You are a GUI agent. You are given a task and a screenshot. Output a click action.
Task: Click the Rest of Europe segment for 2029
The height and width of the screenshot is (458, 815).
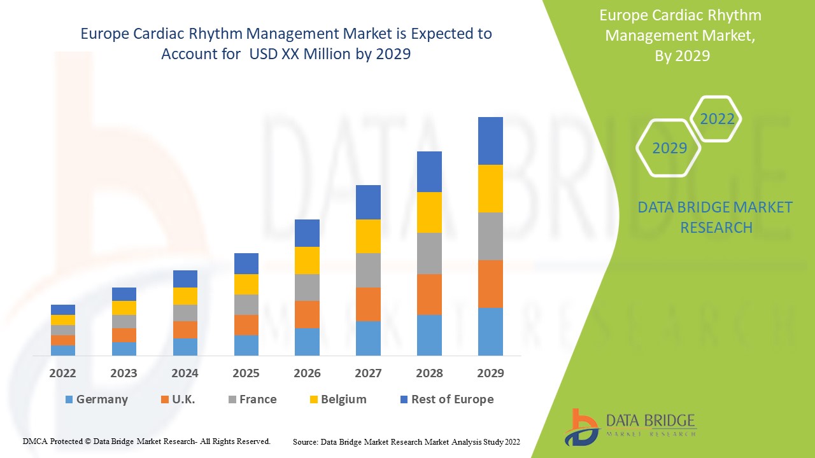490,141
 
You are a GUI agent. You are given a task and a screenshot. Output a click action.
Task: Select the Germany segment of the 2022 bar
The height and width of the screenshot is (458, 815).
63,350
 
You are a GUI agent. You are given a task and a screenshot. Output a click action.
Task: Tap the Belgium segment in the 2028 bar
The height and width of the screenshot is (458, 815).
429,212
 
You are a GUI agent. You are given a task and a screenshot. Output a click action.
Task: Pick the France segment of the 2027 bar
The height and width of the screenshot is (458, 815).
368,270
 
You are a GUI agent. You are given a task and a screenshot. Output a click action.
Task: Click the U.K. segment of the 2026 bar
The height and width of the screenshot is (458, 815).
307,314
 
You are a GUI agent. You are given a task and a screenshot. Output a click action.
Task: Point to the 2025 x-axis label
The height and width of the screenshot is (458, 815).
246,373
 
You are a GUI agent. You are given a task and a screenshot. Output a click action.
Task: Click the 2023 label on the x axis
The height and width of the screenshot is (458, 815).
124,373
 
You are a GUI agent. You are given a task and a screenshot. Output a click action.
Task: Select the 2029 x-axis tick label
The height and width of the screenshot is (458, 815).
490,373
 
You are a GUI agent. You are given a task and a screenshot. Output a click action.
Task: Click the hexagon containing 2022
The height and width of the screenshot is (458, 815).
716,119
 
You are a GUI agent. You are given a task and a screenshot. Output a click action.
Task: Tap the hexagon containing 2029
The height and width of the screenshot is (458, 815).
669,148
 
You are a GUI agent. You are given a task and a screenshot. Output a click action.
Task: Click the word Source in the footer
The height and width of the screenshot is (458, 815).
306,441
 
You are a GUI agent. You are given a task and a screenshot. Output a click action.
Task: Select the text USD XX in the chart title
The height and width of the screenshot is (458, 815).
269,54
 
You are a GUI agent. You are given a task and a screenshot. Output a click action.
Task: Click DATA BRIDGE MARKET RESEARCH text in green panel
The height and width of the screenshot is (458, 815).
715,217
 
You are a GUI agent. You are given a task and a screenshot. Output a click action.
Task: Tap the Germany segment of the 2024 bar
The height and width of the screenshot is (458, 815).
185,347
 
